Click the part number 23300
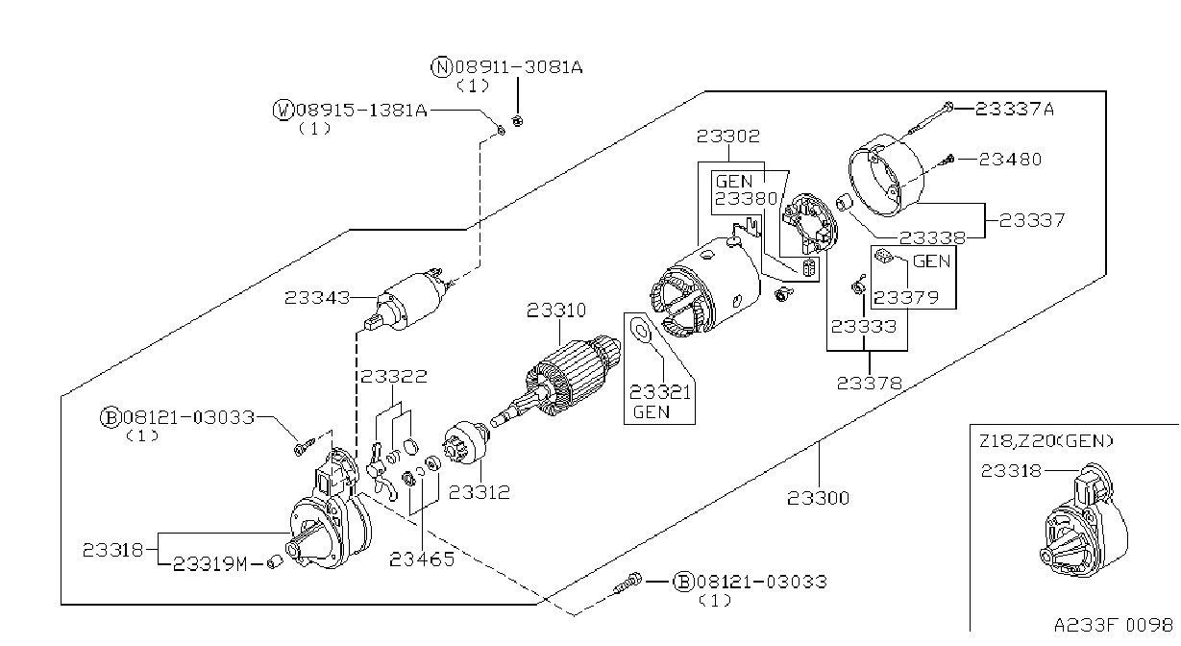819,498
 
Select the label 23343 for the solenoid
317,298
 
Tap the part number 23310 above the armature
556,311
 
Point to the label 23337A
1015,110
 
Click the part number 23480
1010,160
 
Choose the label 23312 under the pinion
480,492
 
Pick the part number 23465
422,559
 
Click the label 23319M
209,564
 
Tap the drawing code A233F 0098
1114,626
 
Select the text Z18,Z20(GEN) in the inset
1046,441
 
